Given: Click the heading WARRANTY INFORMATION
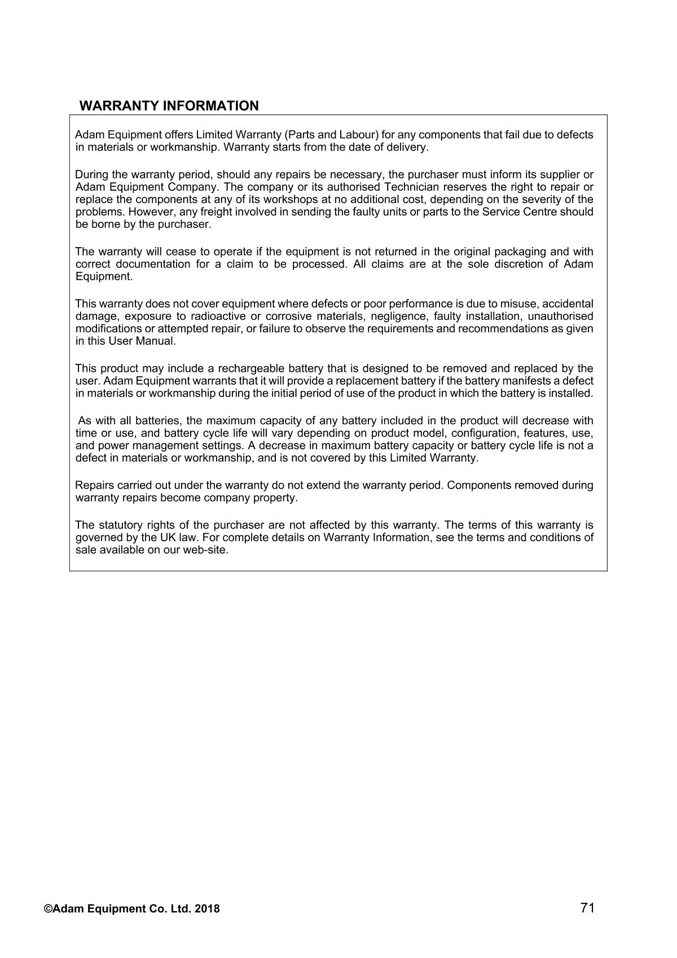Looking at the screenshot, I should (x=169, y=106).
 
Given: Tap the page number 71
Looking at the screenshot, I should (x=587, y=908).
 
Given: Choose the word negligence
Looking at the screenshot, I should (x=397, y=316).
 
